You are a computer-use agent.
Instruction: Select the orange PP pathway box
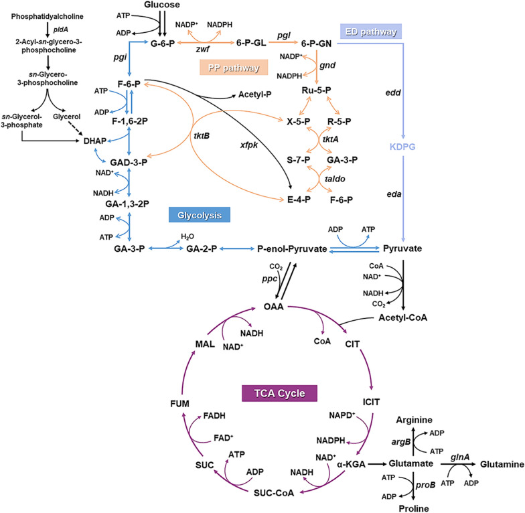click(x=234, y=68)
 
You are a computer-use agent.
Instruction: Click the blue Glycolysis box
click(x=200, y=214)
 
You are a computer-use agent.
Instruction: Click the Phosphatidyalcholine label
click(x=51, y=15)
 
